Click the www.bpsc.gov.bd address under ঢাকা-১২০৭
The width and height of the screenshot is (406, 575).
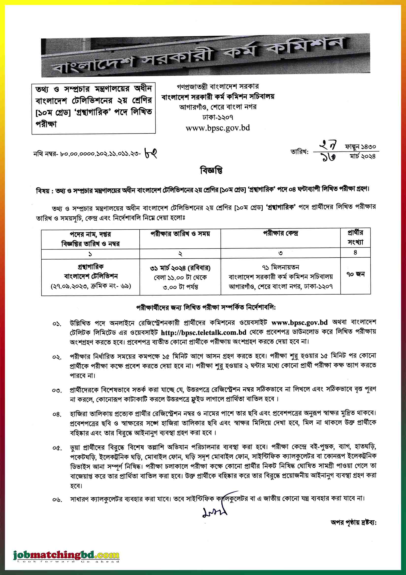(x=218, y=128)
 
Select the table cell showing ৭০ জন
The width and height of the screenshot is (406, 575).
(x=355, y=274)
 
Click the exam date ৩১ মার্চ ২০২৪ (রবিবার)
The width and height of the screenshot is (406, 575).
(x=180, y=268)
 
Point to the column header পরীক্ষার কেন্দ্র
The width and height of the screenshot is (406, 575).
(x=280, y=234)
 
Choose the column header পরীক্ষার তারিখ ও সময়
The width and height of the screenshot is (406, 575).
(x=180, y=234)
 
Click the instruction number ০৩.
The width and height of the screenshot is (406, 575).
(x=57, y=390)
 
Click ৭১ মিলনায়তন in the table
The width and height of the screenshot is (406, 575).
(x=280, y=267)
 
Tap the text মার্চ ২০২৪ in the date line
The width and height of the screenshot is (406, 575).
(x=363, y=157)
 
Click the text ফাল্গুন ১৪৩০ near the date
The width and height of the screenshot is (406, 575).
(x=360, y=146)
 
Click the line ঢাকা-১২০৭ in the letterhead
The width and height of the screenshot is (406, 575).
(x=218, y=117)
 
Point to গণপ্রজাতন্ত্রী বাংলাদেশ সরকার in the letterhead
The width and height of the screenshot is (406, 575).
(x=218, y=87)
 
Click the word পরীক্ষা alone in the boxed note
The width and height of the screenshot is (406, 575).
(x=46, y=124)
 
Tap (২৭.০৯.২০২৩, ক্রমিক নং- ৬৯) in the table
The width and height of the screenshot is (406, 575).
(x=91, y=286)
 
